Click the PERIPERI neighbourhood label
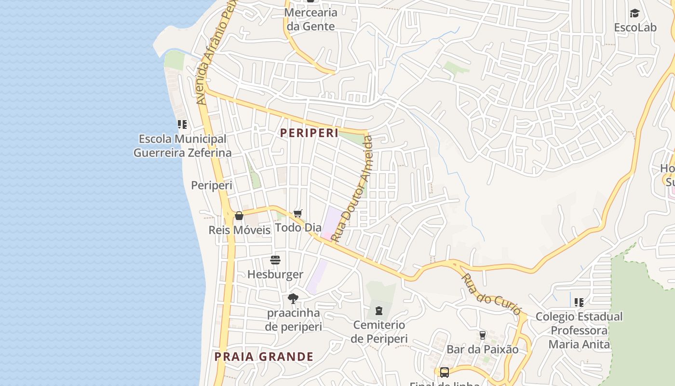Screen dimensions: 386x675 pos(310,133)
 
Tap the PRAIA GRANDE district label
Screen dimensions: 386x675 pos(264,357)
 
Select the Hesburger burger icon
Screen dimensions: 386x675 pos(275,261)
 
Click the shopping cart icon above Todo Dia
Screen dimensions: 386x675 pos(298,213)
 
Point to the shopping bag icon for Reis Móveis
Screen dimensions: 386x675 pos(239,216)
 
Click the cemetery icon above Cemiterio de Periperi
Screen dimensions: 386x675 pos(379,311)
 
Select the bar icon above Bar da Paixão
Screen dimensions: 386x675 pos(482,335)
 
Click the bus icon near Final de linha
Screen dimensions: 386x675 pos(444,372)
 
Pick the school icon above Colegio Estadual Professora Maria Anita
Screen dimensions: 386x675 pos(579,303)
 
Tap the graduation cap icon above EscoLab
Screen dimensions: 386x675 pos(635,14)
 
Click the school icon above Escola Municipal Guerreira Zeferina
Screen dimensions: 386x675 pos(182,125)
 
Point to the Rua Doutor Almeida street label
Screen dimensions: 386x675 pos(352,189)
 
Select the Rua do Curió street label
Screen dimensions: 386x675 pos(491,294)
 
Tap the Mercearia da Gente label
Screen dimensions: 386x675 pos(310,19)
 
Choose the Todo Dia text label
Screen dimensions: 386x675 pos(298,227)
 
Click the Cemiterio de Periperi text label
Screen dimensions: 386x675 pos(379,331)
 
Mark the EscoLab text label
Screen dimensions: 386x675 pos(635,28)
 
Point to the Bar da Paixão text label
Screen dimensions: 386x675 pos(482,349)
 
